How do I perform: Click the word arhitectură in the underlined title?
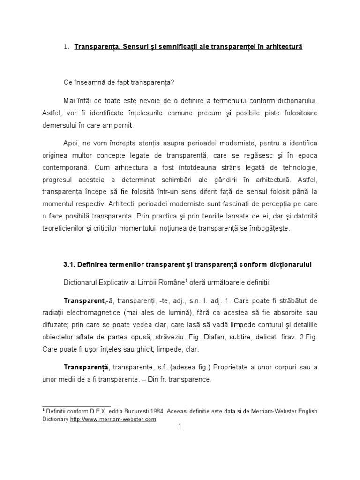point(284,48)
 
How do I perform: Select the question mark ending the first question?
point(173,82)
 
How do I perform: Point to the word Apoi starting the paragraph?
point(71,142)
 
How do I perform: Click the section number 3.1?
point(70,264)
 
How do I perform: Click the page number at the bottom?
point(180,426)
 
